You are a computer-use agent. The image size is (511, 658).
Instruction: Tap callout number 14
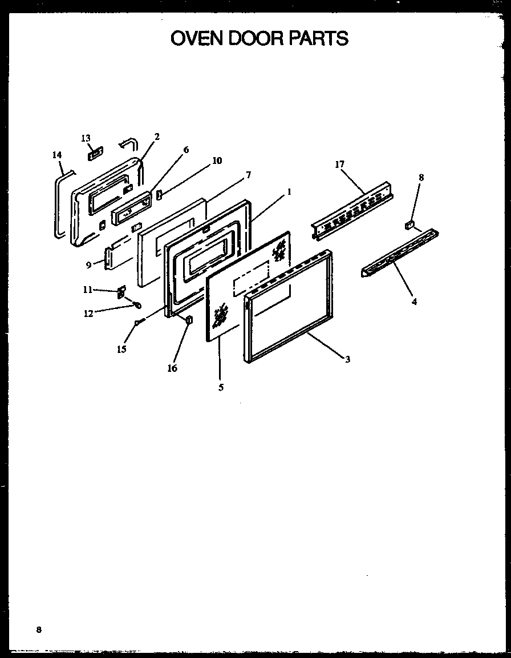pyautogui.click(x=56, y=155)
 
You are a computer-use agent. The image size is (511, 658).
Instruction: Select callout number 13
pyautogui.click(x=86, y=138)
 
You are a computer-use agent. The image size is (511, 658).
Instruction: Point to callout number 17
pyautogui.click(x=340, y=164)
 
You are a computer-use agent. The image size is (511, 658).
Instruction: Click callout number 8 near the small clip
pyautogui.click(x=421, y=178)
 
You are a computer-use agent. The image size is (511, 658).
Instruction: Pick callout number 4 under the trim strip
pyautogui.click(x=414, y=302)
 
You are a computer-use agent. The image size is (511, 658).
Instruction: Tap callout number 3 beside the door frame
pyautogui.click(x=347, y=359)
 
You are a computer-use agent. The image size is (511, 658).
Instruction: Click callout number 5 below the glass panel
pyautogui.click(x=221, y=387)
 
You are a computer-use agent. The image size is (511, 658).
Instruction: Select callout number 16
pyautogui.click(x=172, y=368)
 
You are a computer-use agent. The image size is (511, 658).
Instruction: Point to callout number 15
pyautogui.click(x=121, y=349)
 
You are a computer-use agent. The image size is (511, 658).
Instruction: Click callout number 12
pyautogui.click(x=88, y=313)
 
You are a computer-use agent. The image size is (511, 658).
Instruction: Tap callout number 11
pyautogui.click(x=87, y=290)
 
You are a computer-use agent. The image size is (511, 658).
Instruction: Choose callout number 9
pyautogui.click(x=88, y=265)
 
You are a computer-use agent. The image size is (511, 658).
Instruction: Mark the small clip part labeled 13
pyautogui.click(x=94, y=153)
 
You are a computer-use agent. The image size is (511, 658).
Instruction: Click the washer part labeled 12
pyautogui.click(x=137, y=304)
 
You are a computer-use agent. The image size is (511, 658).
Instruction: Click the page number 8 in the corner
pyautogui.click(x=39, y=629)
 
